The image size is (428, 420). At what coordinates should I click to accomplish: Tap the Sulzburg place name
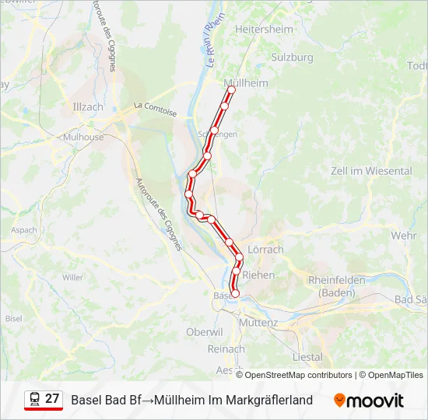pos(291,58)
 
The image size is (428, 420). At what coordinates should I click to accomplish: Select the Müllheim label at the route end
pos(245,83)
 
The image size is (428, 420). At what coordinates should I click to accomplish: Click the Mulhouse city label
pos(83,137)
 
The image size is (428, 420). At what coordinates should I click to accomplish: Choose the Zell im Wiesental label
pos(360,170)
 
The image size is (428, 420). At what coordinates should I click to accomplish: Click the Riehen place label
pos(259,275)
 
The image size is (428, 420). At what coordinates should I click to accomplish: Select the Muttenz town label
pos(259,322)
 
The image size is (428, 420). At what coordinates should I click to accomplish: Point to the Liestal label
pos(307,357)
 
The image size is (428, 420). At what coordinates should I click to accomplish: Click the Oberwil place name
pos(205,331)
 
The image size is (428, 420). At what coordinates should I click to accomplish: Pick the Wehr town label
pos(404,235)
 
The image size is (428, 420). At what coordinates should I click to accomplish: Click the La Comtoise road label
pos(155,109)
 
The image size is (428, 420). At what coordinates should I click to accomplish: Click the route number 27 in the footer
pos(52,399)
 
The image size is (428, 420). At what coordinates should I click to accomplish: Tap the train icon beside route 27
pos(34,399)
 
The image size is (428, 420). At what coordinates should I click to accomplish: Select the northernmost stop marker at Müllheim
pos(231,90)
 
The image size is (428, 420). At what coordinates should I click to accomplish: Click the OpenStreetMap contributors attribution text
pos(298,375)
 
